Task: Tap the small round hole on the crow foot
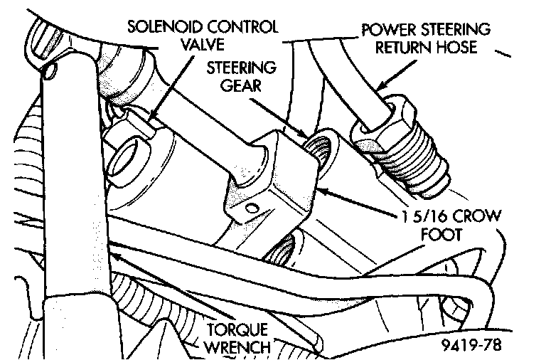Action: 250,207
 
